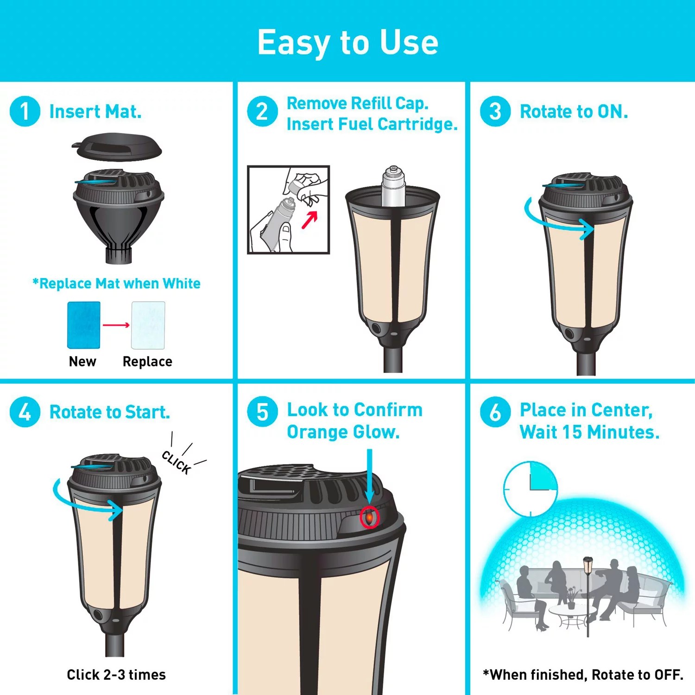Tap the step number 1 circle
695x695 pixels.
coord(25,111)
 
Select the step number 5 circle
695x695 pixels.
coord(262,411)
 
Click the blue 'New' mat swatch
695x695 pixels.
coord(84,325)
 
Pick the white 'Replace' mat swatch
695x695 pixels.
coord(148,325)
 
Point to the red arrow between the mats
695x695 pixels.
coord(116,325)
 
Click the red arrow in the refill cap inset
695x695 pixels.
coord(310,220)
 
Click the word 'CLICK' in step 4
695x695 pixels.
coord(177,462)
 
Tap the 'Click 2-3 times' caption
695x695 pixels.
coord(116,675)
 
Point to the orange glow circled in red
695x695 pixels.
coord(369,517)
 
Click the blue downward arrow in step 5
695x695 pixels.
coord(369,475)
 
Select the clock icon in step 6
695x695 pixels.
coord(531,489)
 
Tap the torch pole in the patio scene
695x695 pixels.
coord(588,602)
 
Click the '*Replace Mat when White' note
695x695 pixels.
coord(116,284)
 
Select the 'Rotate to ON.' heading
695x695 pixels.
coord(574,112)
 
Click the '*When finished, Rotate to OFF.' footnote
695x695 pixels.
coord(583,675)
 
